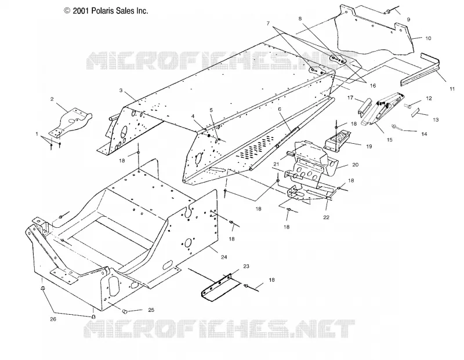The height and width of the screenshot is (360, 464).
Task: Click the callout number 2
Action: [52, 99]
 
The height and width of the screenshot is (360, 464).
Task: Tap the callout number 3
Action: [121, 90]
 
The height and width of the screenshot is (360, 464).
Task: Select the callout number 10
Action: [428, 38]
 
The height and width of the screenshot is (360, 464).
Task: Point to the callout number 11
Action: [452, 89]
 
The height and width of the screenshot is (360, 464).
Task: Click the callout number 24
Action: [224, 257]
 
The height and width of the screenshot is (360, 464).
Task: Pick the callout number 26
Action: [53, 319]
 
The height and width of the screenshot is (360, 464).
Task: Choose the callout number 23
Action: [246, 266]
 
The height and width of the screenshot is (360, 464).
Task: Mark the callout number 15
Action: [389, 140]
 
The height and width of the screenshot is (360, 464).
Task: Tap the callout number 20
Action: [355, 165]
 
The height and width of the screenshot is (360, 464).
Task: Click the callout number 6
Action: [280, 109]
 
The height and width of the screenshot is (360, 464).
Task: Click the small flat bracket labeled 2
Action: [70, 121]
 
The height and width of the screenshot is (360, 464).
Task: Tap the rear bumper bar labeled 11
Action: [420, 70]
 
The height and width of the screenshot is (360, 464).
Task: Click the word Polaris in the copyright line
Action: [102, 11]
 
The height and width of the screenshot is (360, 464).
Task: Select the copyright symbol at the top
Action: [67, 11]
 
